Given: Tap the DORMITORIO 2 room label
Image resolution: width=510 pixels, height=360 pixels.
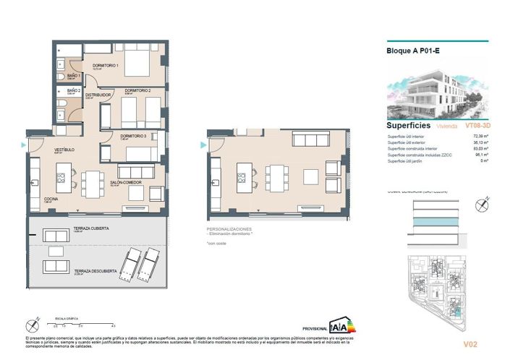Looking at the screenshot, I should pyautogui.click(x=137, y=90).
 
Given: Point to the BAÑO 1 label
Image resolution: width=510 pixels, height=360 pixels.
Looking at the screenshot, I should pyautogui.click(x=63, y=74).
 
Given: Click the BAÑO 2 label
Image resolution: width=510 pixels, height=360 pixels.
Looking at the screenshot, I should pyautogui.click(x=63, y=90).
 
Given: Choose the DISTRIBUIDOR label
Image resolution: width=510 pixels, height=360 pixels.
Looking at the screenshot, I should pyautogui.click(x=98, y=95).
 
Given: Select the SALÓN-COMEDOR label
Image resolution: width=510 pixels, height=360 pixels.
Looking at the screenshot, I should pyautogui.click(x=125, y=183).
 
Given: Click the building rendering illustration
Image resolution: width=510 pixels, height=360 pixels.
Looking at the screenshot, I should pyautogui.click(x=437, y=90).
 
